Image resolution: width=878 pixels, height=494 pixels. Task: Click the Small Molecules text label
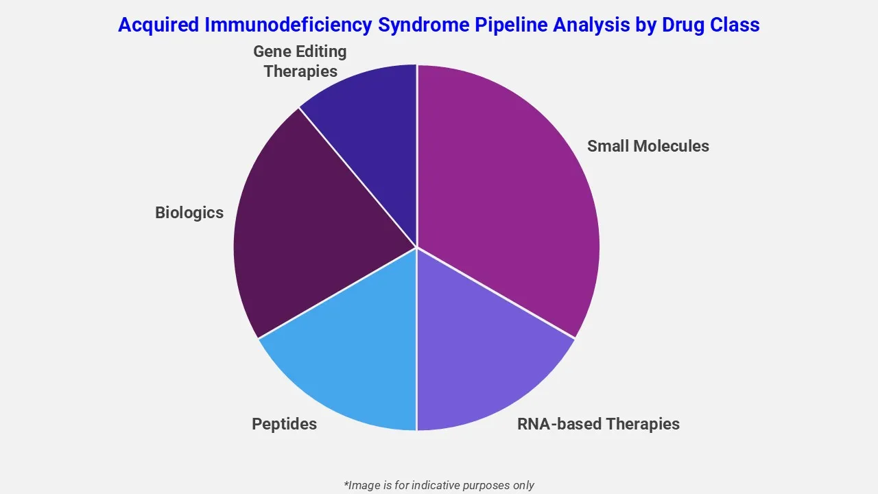(x=648, y=146)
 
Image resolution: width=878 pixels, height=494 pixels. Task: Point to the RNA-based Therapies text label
(x=598, y=424)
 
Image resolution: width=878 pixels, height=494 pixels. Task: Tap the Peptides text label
(x=284, y=424)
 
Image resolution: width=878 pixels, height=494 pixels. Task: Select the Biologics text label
(x=189, y=213)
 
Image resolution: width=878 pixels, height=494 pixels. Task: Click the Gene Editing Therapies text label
(x=300, y=61)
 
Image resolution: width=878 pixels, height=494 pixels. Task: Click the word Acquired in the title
(x=158, y=25)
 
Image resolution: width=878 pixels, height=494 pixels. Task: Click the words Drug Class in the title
(x=711, y=25)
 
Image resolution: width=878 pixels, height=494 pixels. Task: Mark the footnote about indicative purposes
(x=438, y=485)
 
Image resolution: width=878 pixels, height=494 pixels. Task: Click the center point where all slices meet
(x=416, y=247)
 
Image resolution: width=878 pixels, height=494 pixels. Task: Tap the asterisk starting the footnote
(x=346, y=484)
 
